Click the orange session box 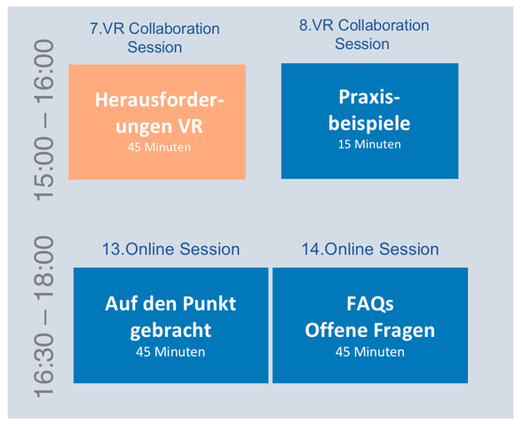coord(157,122)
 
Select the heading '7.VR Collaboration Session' coord(154,37)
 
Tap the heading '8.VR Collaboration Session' coord(364,35)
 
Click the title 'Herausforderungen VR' coord(160,113)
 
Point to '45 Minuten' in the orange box coord(159,147)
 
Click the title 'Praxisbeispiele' coord(369,110)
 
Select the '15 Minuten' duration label coord(369,144)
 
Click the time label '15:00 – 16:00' coord(43,120)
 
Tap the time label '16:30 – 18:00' coord(43,317)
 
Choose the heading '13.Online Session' coord(170,249)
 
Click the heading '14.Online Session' coord(370,249)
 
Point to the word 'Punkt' coord(210,304)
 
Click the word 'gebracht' coord(170,331)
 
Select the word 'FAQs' coord(370,304)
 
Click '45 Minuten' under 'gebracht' coord(170,352)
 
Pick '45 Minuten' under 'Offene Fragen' coord(370,352)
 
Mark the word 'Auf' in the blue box coord(116,304)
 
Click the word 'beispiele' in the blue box coord(369,124)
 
